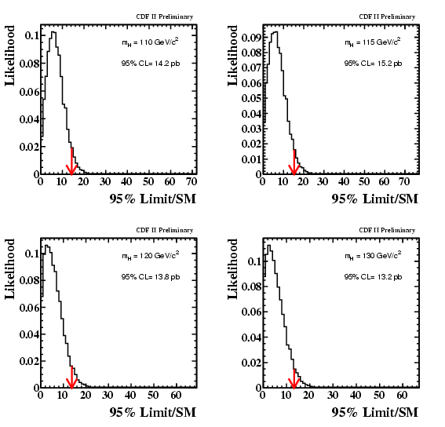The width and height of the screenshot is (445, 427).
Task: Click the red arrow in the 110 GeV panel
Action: pos(71,161)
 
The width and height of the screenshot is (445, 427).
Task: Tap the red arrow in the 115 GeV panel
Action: pos(294,162)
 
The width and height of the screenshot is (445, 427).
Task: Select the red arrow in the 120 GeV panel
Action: pos(71,377)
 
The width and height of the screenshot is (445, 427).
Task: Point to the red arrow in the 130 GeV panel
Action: pos(294,379)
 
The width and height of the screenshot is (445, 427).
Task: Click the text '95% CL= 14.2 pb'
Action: pos(151,64)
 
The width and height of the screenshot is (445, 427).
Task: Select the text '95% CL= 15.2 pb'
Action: pos(374,64)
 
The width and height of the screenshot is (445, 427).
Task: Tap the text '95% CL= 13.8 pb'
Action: pos(151,277)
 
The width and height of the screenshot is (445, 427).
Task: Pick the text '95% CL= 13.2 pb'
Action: pos(374,277)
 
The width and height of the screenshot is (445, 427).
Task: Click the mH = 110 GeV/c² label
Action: pos(151,42)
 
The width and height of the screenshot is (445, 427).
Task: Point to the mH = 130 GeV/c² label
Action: pos(373,256)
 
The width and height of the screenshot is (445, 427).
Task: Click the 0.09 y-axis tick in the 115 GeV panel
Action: pos(251,38)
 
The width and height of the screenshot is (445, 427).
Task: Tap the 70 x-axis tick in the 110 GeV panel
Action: pos(191,181)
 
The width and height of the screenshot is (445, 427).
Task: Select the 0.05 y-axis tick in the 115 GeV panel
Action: pos(251,98)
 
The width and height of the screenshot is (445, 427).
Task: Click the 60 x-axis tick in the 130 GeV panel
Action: pos(402,395)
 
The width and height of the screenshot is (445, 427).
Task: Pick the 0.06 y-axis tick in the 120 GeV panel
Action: pos(29,308)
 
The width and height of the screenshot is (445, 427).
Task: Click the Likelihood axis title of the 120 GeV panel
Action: pos(9,269)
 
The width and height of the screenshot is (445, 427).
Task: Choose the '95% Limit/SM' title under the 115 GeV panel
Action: pos(375,199)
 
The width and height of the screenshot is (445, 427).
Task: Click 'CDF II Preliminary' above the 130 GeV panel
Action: pos(387,230)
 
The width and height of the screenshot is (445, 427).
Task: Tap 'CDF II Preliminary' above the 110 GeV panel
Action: pos(165,16)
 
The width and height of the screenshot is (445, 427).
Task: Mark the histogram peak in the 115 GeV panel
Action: pos(275,32)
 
